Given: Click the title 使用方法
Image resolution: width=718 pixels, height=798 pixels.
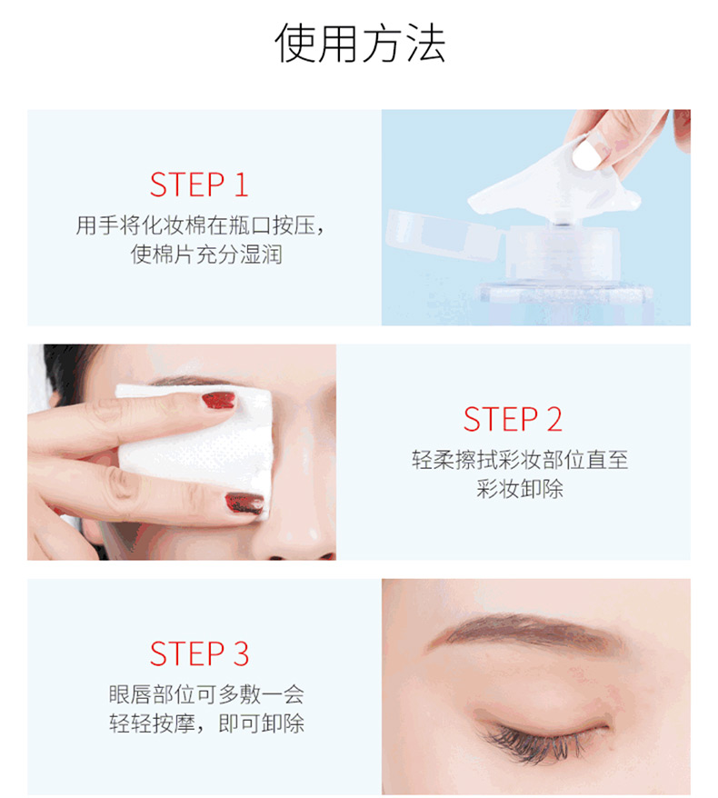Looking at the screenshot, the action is (x=360, y=44).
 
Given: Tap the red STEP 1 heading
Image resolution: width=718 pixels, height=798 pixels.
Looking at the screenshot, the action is (x=199, y=185).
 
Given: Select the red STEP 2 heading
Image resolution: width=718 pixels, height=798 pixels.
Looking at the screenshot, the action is (x=513, y=419).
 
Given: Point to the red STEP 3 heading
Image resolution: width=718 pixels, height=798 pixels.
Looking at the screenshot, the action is (x=199, y=653).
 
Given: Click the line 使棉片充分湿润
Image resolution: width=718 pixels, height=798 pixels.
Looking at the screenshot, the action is (x=206, y=254).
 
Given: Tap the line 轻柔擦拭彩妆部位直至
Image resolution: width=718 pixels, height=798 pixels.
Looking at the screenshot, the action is (x=520, y=460).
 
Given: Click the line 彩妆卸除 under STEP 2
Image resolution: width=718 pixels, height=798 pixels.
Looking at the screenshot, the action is (x=520, y=489).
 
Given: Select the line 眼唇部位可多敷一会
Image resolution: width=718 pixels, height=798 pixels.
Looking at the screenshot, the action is (x=206, y=694).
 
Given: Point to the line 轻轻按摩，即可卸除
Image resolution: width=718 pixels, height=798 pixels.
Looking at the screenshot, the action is (x=206, y=723).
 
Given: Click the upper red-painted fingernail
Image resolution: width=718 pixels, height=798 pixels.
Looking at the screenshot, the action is (x=219, y=401).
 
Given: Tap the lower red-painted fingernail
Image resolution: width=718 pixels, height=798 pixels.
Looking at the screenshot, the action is (x=244, y=503).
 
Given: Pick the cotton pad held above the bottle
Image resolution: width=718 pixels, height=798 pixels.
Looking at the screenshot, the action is (x=554, y=188).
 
